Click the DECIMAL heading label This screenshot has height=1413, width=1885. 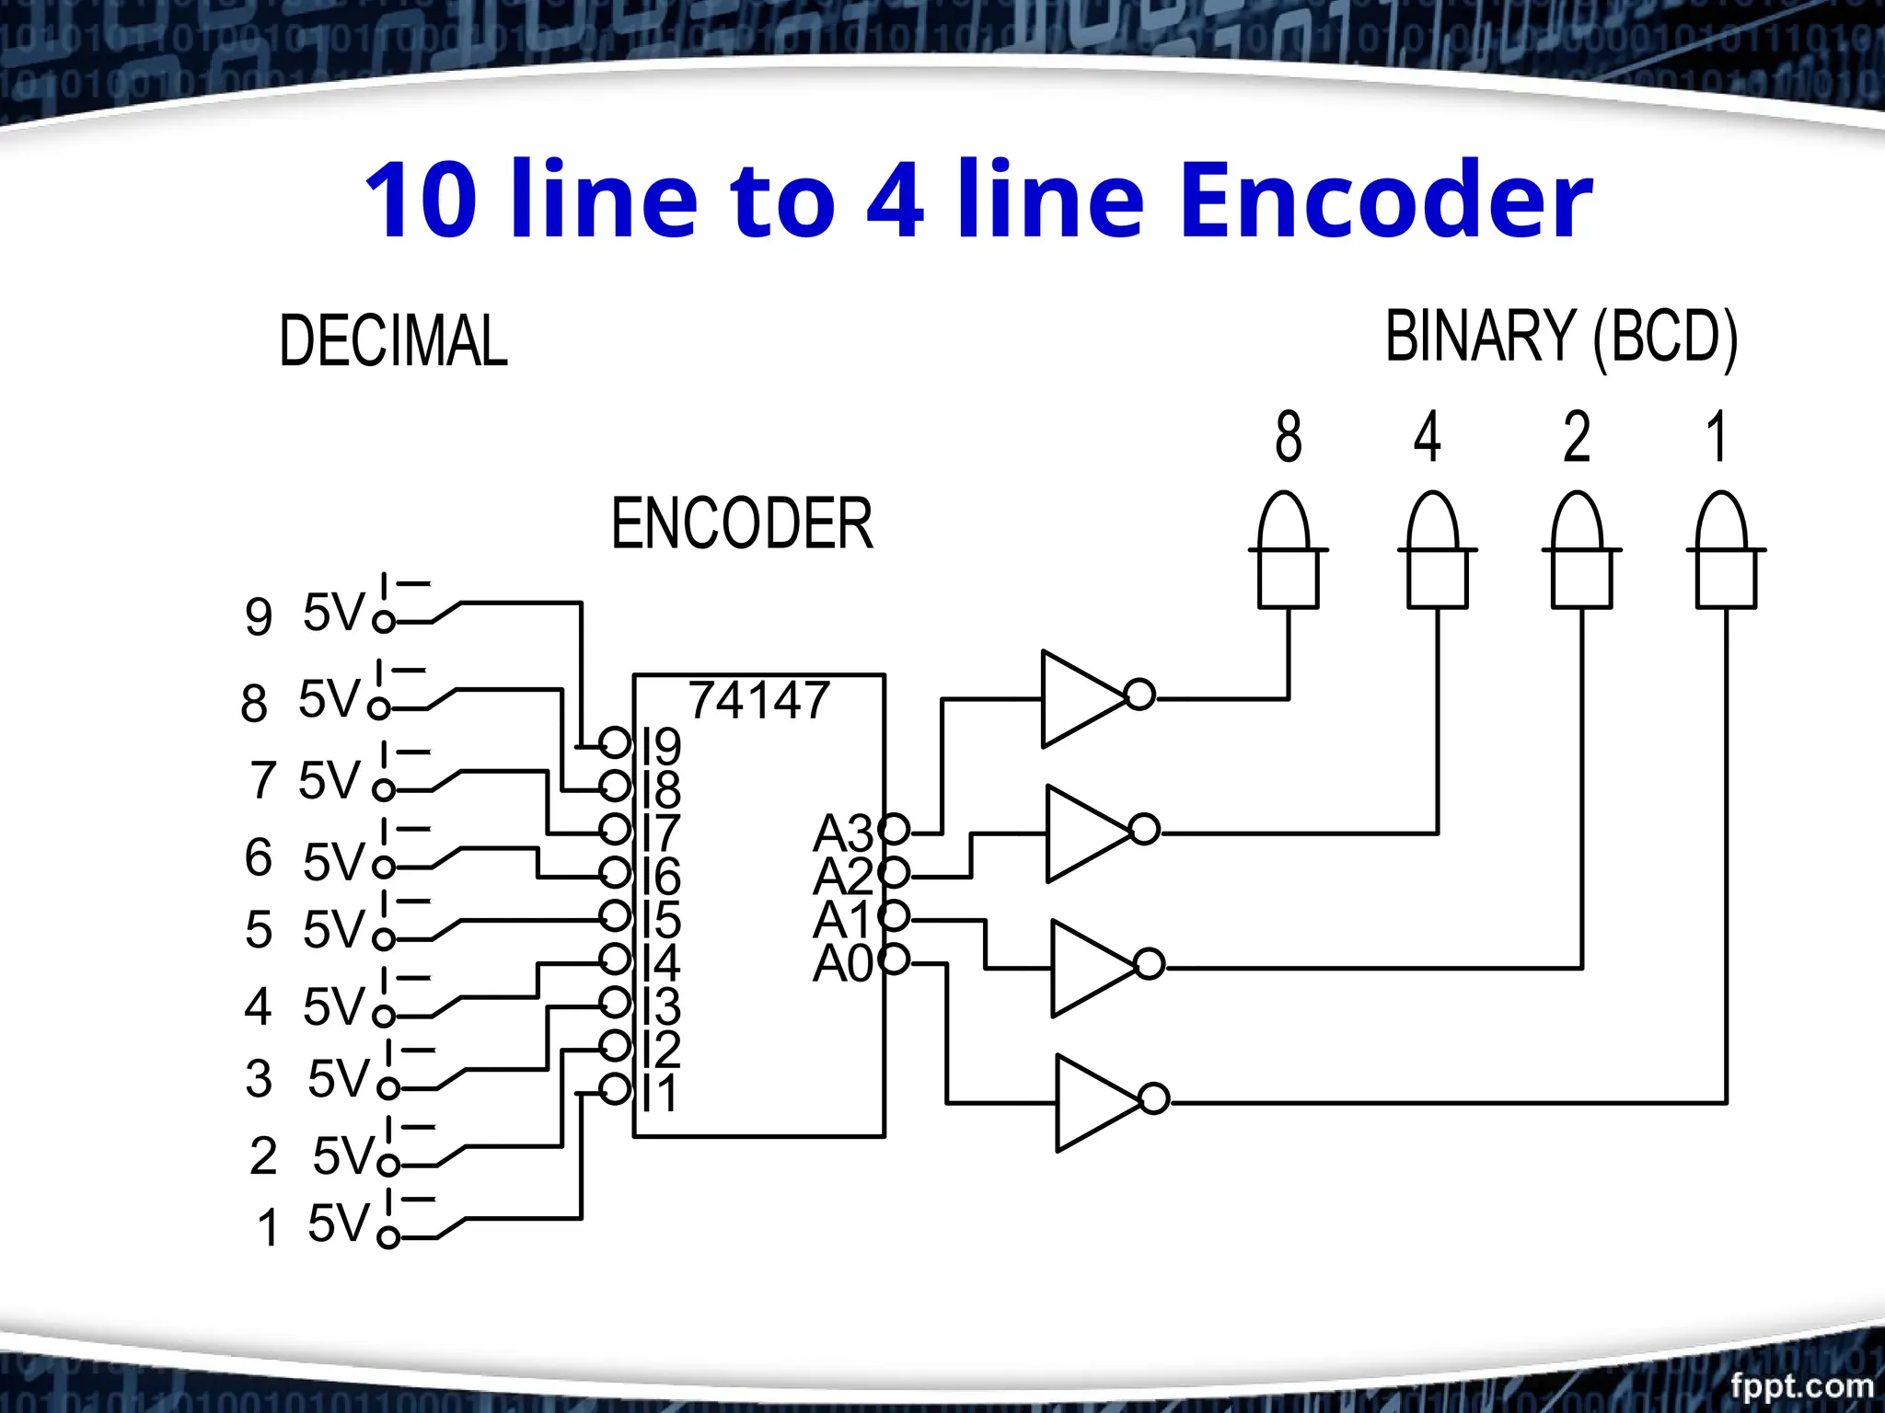pyautogui.click(x=393, y=341)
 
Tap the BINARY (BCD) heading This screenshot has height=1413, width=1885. pyautogui.click(x=1561, y=337)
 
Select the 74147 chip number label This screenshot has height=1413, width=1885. pyautogui.click(x=759, y=700)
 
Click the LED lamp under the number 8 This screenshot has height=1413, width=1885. pyautogui.click(x=1288, y=552)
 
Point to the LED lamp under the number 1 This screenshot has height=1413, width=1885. pyautogui.click(x=1726, y=552)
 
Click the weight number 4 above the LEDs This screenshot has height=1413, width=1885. pyautogui.click(x=1427, y=437)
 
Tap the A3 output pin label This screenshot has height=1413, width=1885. pyautogui.click(x=842, y=833)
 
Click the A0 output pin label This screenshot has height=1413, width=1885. pyautogui.click(x=842, y=964)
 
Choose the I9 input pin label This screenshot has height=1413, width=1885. pyautogui.click(x=662, y=745)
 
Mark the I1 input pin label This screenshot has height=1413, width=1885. pyautogui.click(x=660, y=1094)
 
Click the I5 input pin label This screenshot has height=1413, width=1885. pyautogui.click(x=662, y=920)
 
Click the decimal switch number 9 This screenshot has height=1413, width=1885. pyautogui.click(x=259, y=616)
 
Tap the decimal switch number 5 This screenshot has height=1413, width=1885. pyautogui.click(x=259, y=929)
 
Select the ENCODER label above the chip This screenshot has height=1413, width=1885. pyautogui.click(x=742, y=523)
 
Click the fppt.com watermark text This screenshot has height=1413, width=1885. pyautogui.click(x=1801, y=1384)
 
